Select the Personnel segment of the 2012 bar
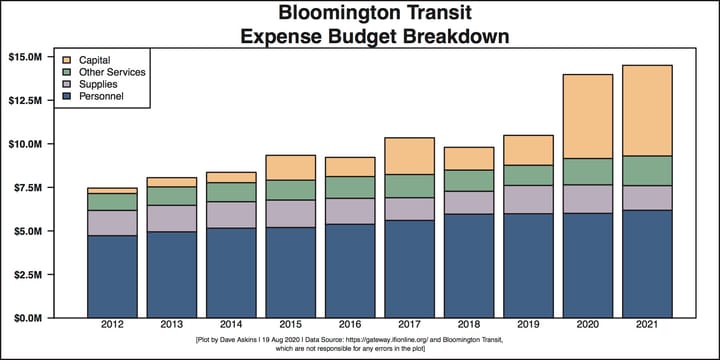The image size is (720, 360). (112, 276)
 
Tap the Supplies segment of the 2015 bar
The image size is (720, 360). (290, 213)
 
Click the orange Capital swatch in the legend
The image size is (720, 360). (67, 61)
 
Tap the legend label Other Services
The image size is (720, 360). (112, 72)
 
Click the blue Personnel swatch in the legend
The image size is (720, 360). (67, 95)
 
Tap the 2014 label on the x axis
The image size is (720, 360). (230, 327)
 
